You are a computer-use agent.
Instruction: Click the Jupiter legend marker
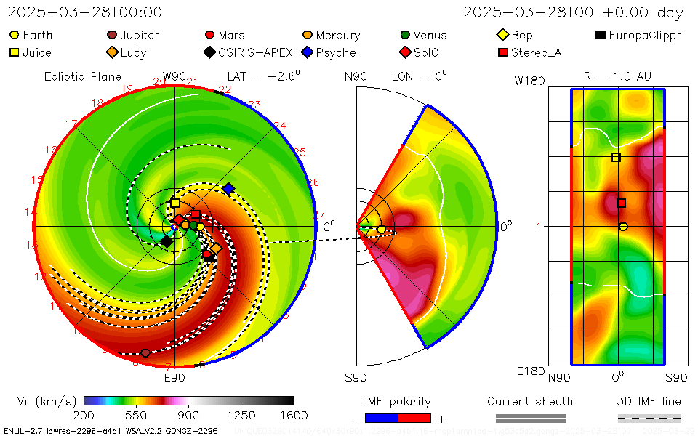pyautogui.click(x=112, y=35)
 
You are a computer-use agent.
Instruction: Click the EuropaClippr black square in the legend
pyautogui.click(x=600, y=35)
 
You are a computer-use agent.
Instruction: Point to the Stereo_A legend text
pyautogui.click(x=536, y=52)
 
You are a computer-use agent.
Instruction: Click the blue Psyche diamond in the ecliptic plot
pyautogui.click(x=228, y=189)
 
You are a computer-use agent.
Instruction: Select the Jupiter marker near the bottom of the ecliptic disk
pyautogui.click(x=145, y=353)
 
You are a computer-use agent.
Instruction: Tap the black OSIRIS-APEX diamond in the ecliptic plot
pyautogui.click(x=167, y=241)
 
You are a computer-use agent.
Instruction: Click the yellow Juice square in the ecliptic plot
pyautogui.click(x=175, y=203)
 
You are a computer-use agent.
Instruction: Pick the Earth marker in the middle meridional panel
pyautogui.click(x=381, y=230)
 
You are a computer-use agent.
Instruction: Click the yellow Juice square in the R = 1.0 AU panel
pyautogui.click(x=616, y=157)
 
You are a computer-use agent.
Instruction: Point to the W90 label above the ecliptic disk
pyautogui.click(x=174, y=76)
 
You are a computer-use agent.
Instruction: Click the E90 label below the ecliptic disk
pyautogui.click(x=174, y=377)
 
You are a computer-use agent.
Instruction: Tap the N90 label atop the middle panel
pyautogui.click(x=356, y=76)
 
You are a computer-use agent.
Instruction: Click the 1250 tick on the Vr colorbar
pyautogui.click(x=241, y=415)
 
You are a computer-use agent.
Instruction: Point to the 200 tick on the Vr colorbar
pyautogui.click(x=84, y=415)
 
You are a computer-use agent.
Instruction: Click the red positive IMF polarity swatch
pyautogui.click(x=414, y=418)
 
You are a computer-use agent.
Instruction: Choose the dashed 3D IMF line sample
pyautogui.click(x=649, y=418)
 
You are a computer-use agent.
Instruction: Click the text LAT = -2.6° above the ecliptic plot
pyautogui.click(x=263, y=76)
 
